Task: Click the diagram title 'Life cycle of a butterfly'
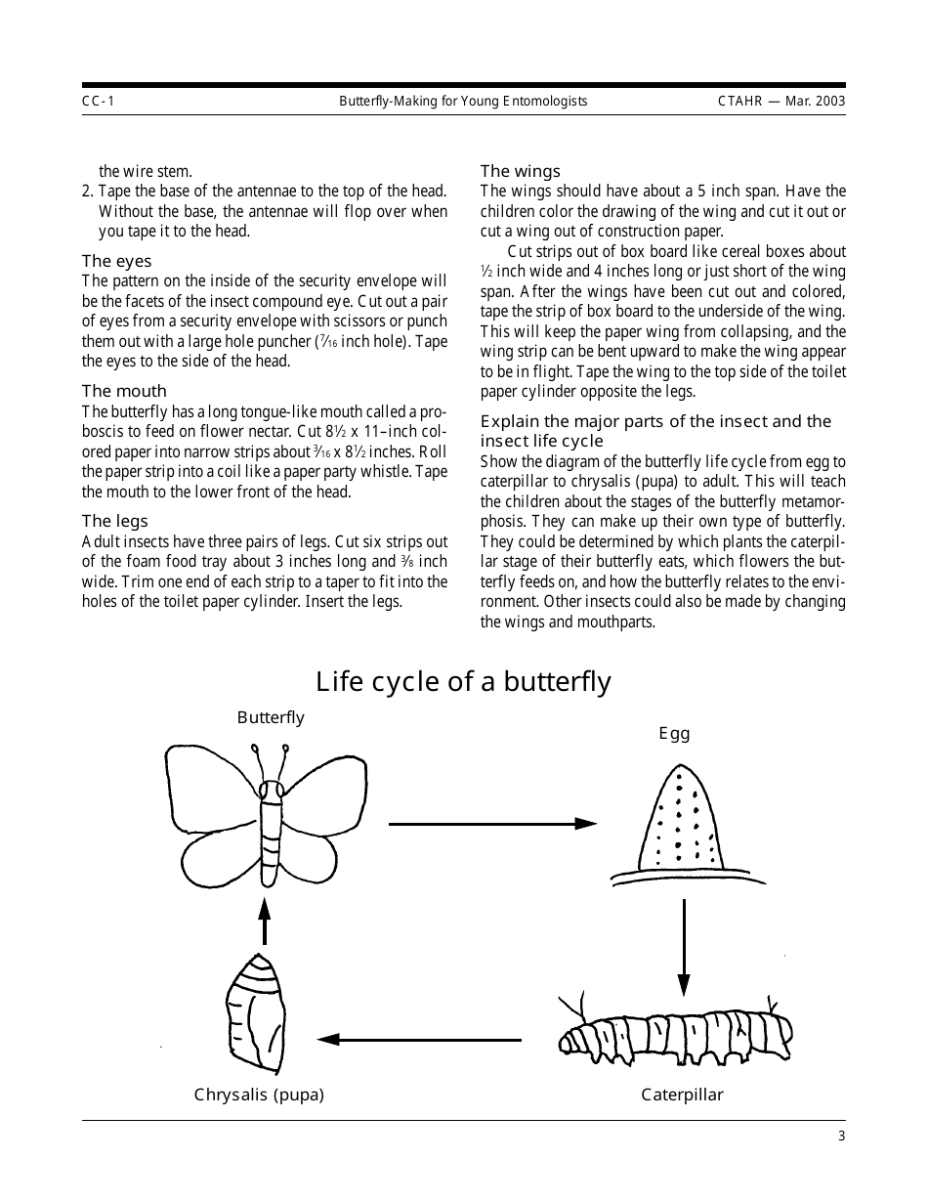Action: (464, 681)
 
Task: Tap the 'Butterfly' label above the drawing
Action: (271, 717)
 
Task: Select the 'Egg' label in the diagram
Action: (674, 733)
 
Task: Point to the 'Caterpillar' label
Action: (682, 1095)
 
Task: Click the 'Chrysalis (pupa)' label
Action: (259, 1095)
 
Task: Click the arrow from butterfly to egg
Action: (492, 824)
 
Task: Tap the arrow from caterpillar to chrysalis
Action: (419, 1039)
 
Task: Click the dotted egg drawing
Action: (681, 821)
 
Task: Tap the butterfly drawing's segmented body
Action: (271, 831)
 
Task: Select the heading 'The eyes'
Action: (116, 261)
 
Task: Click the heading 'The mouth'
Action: (124, 391)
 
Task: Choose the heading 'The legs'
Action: (115, 521)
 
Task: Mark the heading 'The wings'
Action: (520, 171)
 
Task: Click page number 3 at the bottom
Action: (841, 1136)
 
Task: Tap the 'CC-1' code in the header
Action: (98, 101)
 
